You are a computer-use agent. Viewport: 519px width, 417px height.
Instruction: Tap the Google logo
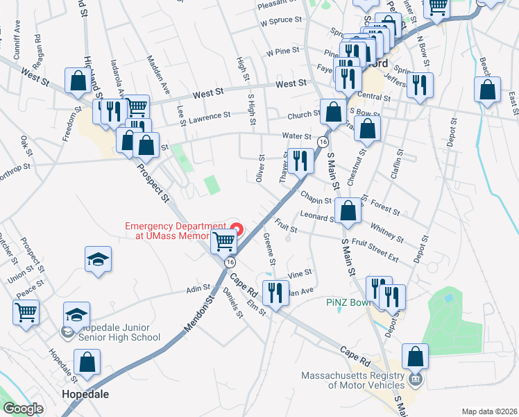point(23,409)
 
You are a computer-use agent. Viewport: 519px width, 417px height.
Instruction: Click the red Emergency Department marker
point(237,228)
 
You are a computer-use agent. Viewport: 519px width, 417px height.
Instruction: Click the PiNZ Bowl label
point(350,303)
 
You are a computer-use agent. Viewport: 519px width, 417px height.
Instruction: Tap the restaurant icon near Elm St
point(278,293)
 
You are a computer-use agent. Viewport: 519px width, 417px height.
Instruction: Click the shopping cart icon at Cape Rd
point(223,242)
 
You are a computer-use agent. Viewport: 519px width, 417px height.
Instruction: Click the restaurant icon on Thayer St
point(300,161)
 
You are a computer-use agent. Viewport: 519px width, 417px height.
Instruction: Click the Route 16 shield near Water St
point(323,141)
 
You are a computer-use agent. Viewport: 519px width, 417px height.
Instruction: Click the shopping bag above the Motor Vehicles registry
point(414,357)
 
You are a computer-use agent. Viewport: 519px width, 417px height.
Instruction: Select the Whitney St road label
point(386,230)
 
